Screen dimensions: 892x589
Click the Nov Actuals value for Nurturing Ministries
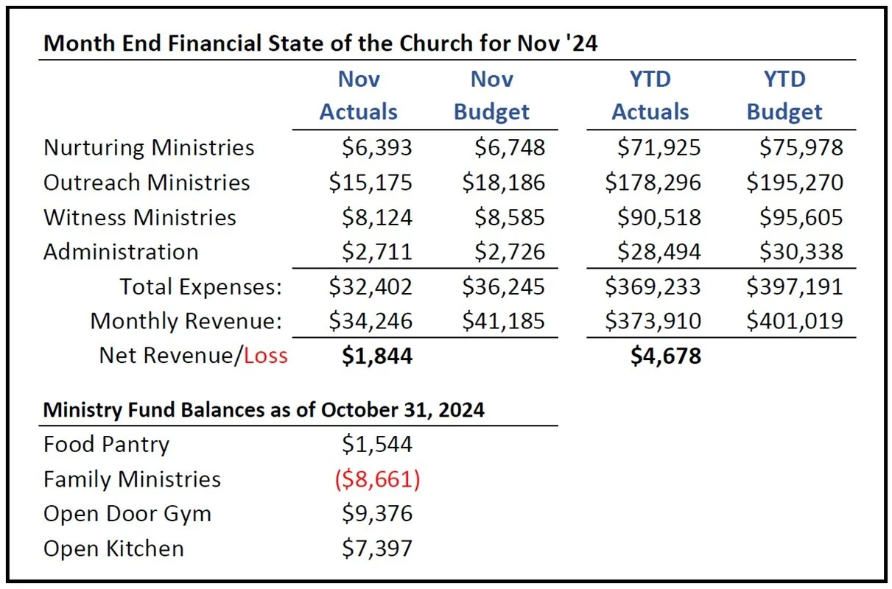(x=376, y=148)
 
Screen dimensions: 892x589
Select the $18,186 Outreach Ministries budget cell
(x=503, y=183)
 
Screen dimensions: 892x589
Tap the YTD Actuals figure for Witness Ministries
(x=659, y=217)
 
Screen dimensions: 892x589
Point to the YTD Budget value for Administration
(x=801, y=252)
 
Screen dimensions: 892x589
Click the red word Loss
(x=266, y=356)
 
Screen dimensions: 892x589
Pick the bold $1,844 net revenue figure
(x=377, y=356)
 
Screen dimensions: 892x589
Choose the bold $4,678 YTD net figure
(x=666, y=356)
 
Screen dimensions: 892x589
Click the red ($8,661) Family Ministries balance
(x=378, y=479)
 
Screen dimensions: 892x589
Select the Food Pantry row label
(x=106, y=445)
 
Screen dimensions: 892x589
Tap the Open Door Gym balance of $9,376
(x=377, y=513)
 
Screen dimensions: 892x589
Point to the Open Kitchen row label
(x=113, y=549)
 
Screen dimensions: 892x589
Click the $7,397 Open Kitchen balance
(x=376, y=549)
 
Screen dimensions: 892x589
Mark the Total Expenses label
(x=200, y=287)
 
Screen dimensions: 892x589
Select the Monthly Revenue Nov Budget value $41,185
(x=503, y=321)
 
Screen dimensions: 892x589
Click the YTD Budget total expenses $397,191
(x=795, y=286)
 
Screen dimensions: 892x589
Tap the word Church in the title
(x=435, y=43)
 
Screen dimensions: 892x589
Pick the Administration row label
(x=121, y=252)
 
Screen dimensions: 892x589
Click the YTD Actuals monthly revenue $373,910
(x=653, y=321)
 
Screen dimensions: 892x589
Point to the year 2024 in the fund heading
(x=461, y=410)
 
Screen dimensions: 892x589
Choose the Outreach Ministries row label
(x=147, y=183)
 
